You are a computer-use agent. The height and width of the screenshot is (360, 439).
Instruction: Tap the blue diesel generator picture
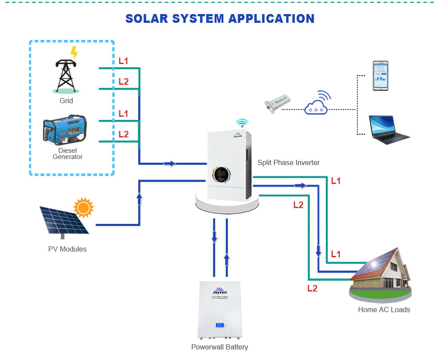click(65, 130)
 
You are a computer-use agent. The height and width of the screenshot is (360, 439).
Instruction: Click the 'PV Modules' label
click(67, 249)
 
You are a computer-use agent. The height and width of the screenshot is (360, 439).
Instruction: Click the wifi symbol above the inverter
click(241, 122)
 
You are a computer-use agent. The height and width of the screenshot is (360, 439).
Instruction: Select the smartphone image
click(380, 76)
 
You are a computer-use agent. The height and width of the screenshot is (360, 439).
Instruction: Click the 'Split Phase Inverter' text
click(288, 162)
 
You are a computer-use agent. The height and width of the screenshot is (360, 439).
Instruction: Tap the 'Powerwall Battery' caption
click(219, 347)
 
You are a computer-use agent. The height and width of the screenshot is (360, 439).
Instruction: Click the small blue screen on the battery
click(219, 325)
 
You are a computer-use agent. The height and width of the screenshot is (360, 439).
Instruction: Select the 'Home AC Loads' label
click(384, 310)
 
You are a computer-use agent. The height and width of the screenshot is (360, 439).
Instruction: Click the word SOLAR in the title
click(147, 18)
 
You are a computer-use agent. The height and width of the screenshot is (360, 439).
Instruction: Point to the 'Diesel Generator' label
click(67, 154)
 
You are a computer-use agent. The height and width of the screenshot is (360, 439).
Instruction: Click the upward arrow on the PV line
click(139, 198)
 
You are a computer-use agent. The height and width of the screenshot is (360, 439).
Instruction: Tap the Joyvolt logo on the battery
click(219, 291)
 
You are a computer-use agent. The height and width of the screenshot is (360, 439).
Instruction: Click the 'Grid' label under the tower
click(66, 101)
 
